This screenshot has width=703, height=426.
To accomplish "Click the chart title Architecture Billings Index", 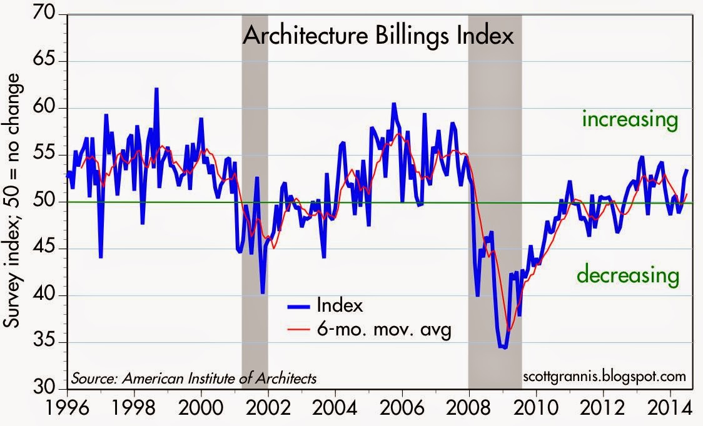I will [378, 36].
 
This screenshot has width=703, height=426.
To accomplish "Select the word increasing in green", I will [630, 119].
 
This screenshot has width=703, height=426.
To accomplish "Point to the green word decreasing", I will [627, 274].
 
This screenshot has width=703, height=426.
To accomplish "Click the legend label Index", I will [340, 305].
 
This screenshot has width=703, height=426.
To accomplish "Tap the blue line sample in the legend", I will [300, 306].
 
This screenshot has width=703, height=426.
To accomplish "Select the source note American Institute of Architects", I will [194, 378].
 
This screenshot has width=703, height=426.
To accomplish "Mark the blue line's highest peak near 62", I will [156, 89].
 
